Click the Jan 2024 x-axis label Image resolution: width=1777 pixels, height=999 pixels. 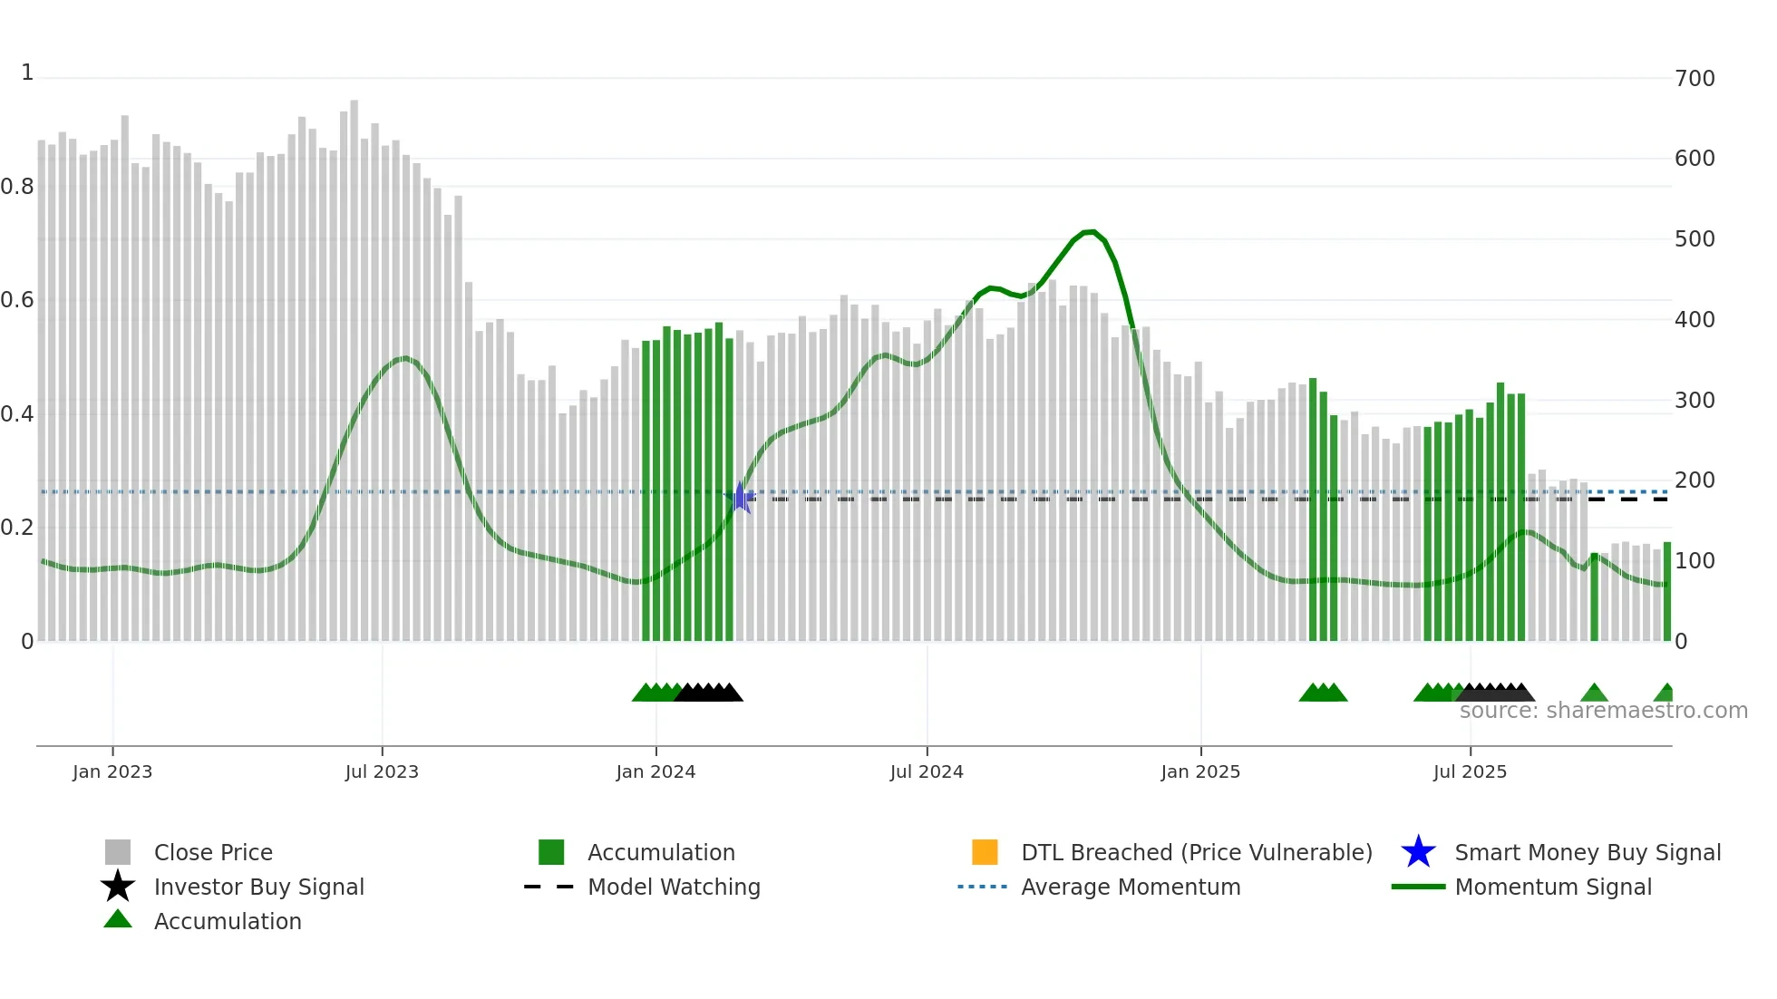(655, 771)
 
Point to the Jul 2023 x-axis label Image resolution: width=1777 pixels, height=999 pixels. (382, 771)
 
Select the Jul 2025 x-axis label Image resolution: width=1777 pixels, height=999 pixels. (1470, 771)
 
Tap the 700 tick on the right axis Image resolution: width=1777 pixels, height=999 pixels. (1694, 78)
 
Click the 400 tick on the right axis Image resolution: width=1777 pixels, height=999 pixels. (1694, 319)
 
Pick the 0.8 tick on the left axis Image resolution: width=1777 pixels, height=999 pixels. (17, 187)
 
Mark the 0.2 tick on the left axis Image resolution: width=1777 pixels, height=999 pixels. (17, 528)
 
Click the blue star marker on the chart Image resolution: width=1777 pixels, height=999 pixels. (740, 498)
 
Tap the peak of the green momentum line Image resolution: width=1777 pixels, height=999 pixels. (1092, 232)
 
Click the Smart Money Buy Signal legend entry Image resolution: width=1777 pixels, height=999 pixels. (1587, 852)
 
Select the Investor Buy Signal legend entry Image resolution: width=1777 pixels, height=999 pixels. (258, 887)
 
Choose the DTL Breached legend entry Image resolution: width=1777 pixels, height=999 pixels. (1196, 852)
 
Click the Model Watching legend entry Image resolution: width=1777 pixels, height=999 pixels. (674, 887)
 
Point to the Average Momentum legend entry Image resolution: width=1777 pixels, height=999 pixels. (1130, 887)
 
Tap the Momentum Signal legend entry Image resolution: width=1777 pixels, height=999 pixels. (1552, 887)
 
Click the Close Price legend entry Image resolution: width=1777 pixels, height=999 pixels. (213, 852)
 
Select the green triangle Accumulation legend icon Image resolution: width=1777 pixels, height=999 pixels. (118, 919)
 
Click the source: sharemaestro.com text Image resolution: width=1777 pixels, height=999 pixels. (1603, 711)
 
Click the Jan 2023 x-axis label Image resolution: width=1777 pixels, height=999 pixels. (112, 771)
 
